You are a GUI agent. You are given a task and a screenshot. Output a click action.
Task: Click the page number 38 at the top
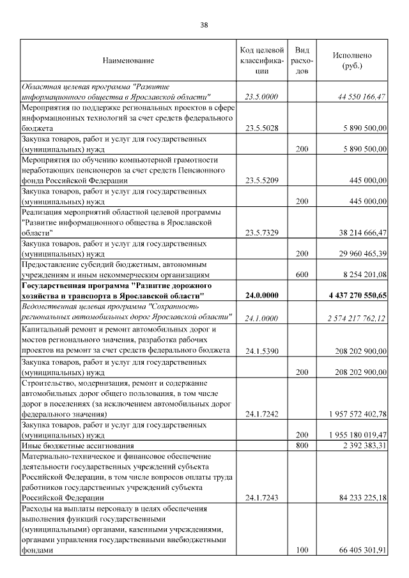pyautogui.click(x=204, y=25)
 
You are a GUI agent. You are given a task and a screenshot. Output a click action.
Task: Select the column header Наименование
pyautogui.click(x=128, y=61)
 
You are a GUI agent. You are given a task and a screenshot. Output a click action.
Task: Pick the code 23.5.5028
pyautogui.click(x=261, y=128)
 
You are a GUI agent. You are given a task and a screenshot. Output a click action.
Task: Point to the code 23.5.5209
pyautogui.click(x=261, y=181)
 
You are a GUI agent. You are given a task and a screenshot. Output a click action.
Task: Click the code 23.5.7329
pyautogui.click(x=261, y=233)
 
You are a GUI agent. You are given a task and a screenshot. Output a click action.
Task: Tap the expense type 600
pyautogui.click(x=302, y=275)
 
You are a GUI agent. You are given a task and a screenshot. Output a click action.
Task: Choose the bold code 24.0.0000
pyautogui.click(x=261, y=296)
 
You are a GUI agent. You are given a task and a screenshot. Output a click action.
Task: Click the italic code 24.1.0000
pyautogui.click(x=261, y=317)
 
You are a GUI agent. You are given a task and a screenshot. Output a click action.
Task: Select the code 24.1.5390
pyautogui.click(x=261, y=350)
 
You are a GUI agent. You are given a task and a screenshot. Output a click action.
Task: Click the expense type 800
pyautogui.click(x=302, y=445)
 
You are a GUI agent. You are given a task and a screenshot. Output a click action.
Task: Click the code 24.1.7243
pyautogui.click(x=261, y=497)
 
